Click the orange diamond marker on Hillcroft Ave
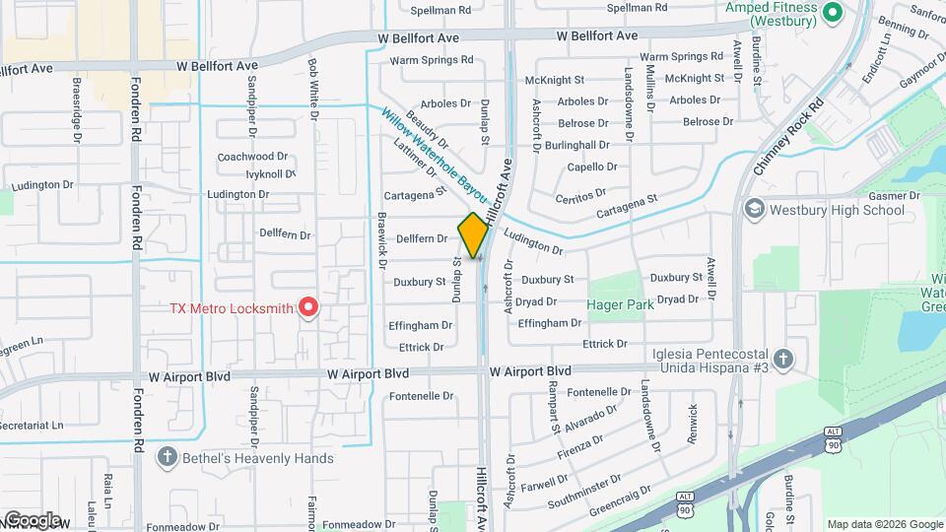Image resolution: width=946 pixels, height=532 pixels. (473, 234)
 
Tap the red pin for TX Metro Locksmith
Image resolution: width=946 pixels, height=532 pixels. (307, 307)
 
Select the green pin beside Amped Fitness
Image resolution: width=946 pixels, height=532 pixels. (831, 13)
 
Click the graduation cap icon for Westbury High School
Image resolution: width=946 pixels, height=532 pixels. (754, 209)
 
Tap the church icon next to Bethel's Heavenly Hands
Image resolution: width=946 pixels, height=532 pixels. (167, 457)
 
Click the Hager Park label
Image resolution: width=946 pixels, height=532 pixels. (620, 305)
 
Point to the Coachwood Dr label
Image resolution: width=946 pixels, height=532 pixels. (252, 156)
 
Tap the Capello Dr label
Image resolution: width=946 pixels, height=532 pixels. (592, 166)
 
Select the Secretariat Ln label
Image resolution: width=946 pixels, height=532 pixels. (30, 426)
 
